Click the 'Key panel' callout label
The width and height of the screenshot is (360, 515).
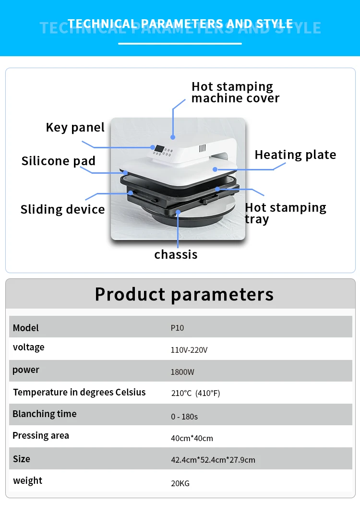75,127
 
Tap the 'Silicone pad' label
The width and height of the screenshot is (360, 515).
58,161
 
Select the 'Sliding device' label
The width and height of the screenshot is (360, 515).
62,209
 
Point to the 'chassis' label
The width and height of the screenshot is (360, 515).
176,254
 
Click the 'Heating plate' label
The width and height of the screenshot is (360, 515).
295,155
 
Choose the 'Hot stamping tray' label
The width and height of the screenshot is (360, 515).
285,213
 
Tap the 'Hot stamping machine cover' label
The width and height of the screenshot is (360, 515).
235,92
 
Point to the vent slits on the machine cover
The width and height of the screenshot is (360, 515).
202,148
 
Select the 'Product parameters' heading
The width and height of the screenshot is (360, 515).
184,294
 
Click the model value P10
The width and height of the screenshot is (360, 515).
177,328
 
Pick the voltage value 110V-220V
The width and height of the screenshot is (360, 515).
189,350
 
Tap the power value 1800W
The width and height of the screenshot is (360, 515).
182,372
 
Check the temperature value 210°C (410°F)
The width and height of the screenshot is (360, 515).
195,394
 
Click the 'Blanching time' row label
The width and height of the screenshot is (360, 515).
44,414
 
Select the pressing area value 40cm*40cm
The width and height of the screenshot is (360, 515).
192,438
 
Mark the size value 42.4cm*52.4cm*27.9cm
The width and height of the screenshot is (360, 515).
213,460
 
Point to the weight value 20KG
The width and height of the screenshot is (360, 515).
180,483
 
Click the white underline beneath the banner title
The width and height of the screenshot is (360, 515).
180,44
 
